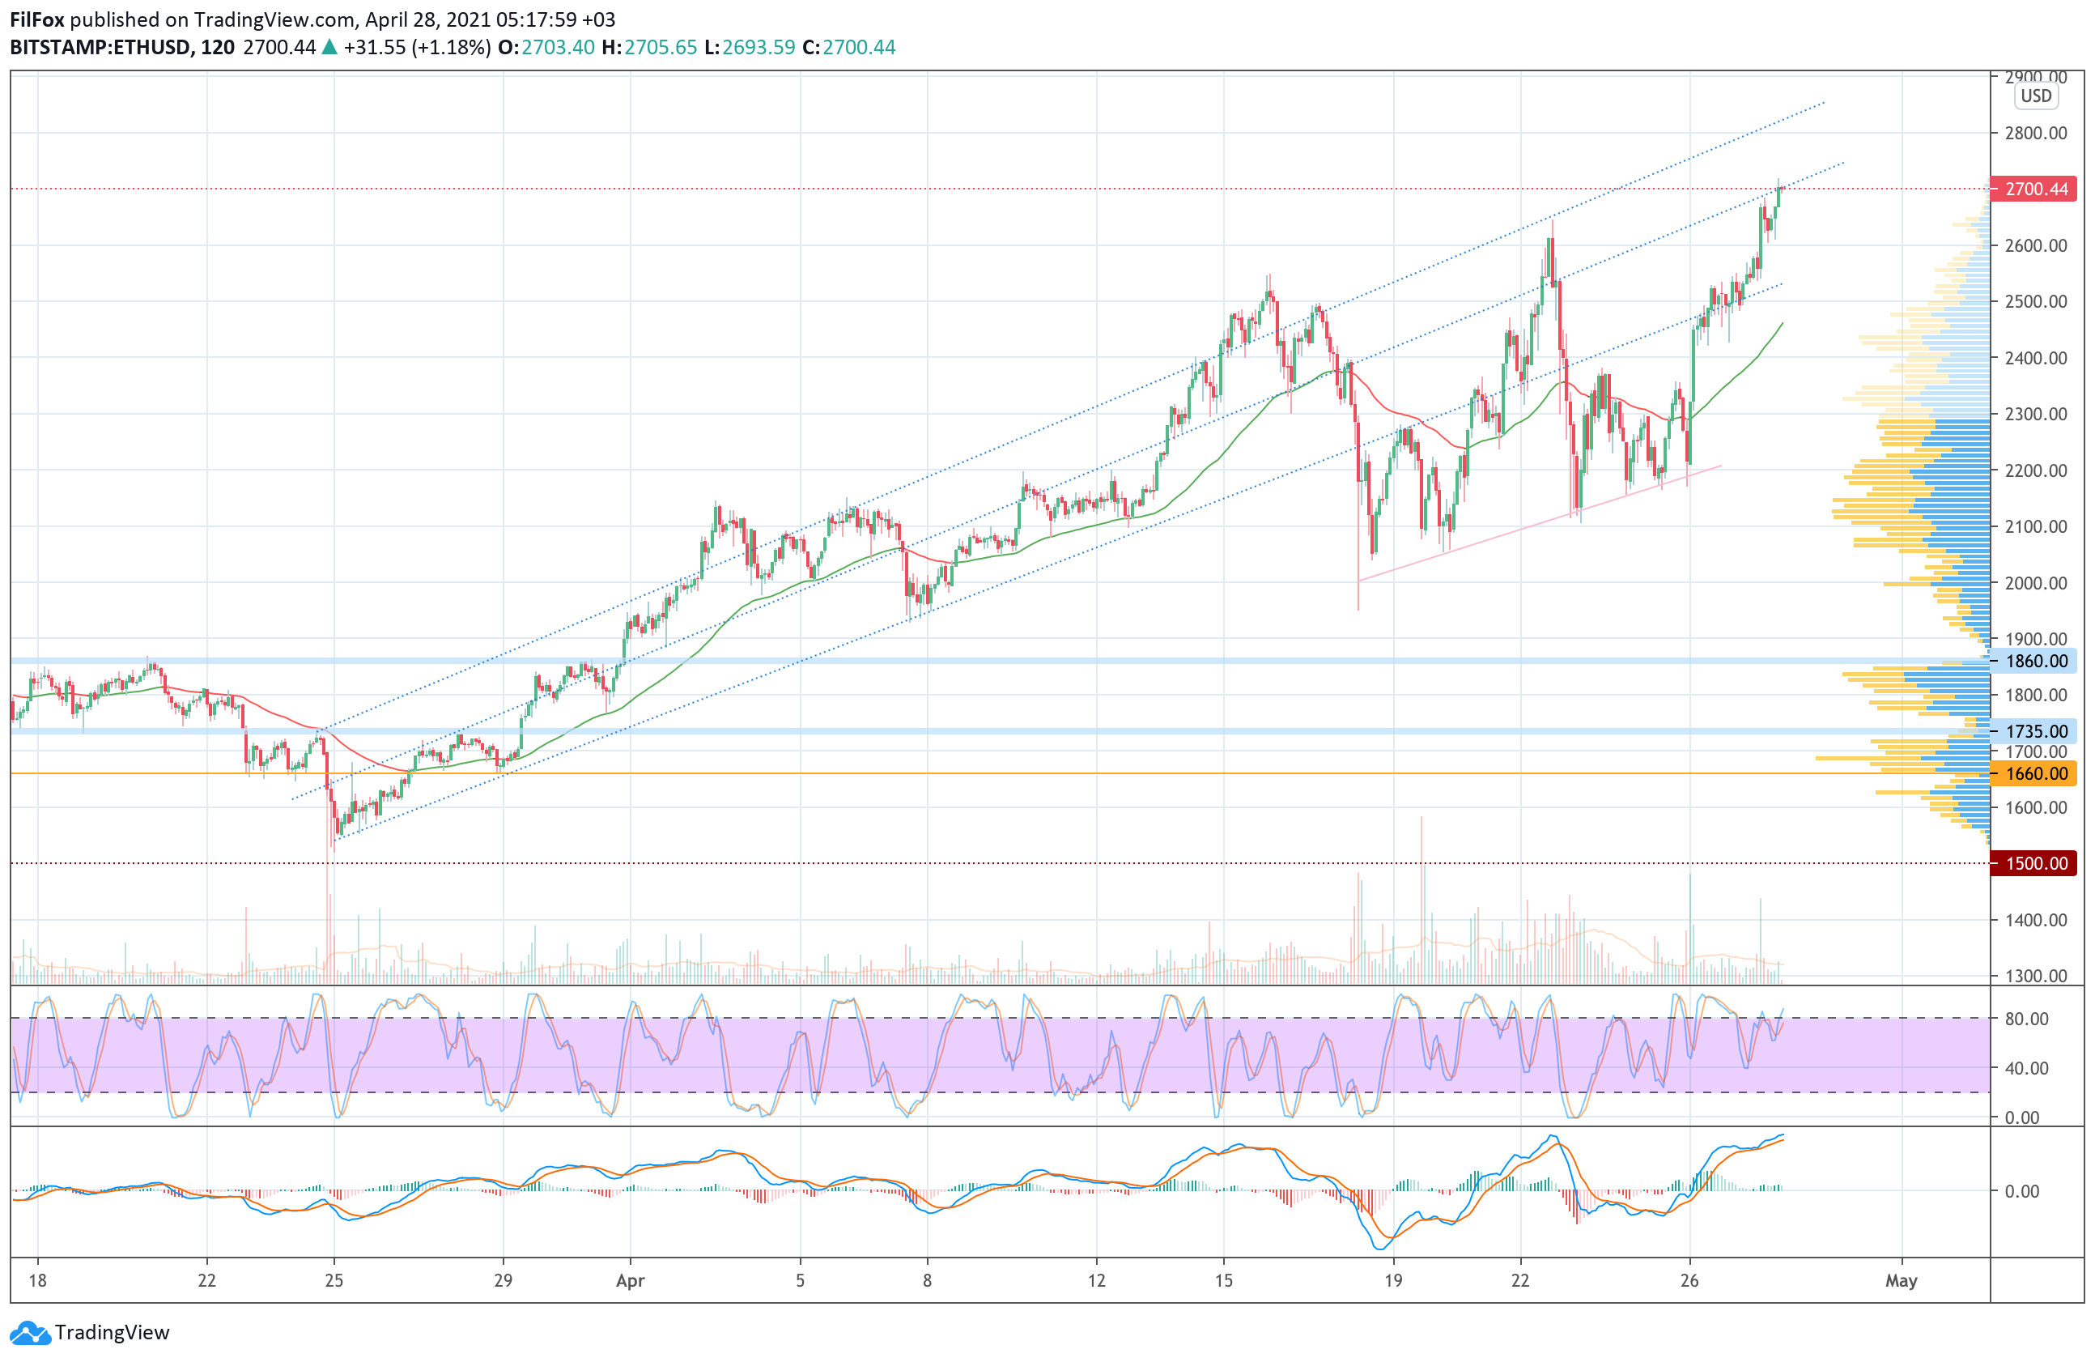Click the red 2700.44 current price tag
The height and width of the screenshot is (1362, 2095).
2034,189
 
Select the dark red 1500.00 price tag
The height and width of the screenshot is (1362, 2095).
2034,863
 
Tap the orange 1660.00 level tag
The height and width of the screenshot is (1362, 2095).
2034,774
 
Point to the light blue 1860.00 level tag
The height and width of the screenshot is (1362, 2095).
2034,662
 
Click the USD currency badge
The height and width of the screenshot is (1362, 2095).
2035,96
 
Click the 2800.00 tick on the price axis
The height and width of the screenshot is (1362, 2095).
2035,133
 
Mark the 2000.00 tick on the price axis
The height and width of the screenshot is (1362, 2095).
2035,583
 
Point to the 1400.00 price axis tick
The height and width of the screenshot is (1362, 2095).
2035,920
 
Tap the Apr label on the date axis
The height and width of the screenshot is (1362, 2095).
631,1281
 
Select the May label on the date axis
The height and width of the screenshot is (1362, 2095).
1902,1281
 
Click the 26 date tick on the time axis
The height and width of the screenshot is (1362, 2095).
1689,1281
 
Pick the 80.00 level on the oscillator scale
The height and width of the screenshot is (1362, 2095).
2026,1019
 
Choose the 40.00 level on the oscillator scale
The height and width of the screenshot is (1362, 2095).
2026,1068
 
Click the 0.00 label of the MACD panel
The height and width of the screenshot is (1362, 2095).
2022,1191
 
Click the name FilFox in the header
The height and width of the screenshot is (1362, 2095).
37,19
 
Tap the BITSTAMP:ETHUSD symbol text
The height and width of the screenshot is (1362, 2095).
100,48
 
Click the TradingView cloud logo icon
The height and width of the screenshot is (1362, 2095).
31,1333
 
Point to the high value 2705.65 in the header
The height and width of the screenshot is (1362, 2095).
661,48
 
